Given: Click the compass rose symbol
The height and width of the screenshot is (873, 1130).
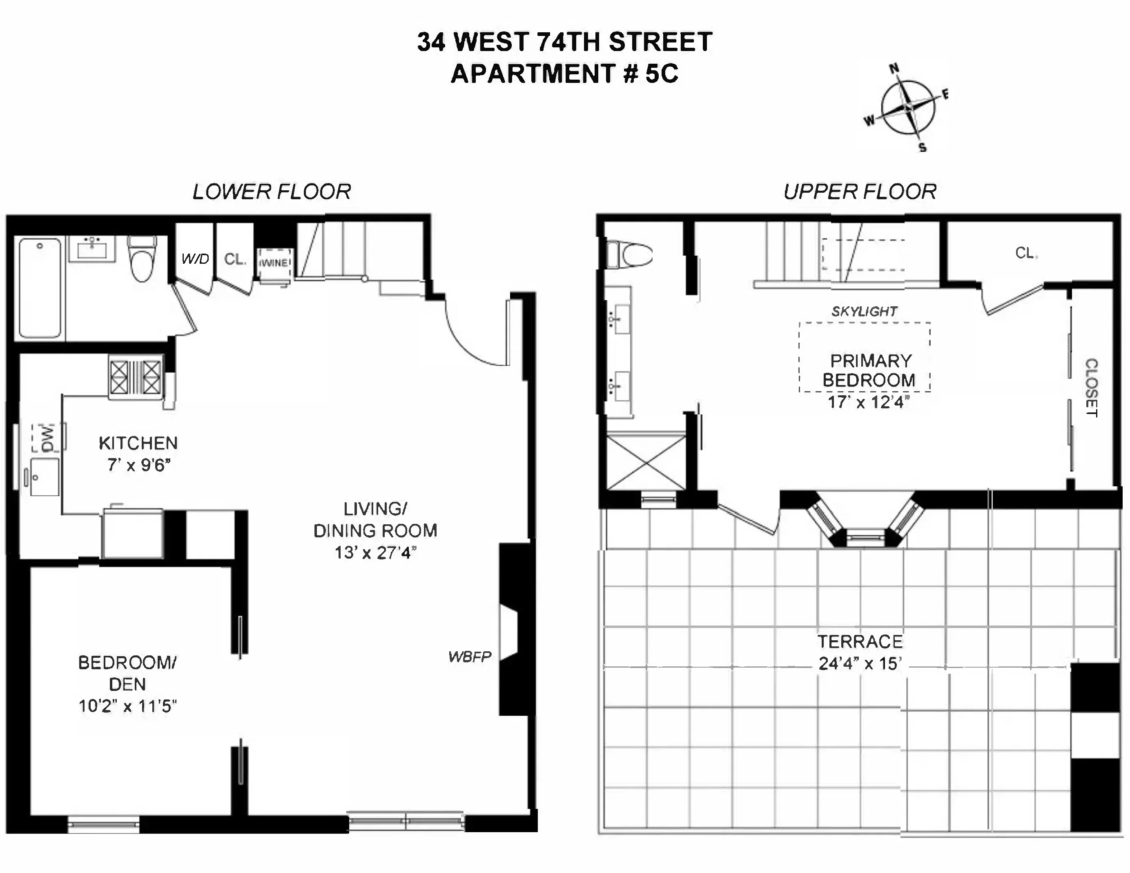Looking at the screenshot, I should (908, 107).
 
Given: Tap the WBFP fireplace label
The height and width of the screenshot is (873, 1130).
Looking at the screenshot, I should (469, 657).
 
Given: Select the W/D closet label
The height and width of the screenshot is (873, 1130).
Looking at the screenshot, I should (195, 258).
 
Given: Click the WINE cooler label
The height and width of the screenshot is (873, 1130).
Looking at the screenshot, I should (274, 263).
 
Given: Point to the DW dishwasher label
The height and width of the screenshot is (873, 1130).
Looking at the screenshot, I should (47, 438).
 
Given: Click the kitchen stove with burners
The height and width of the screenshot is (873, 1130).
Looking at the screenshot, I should (136, 376).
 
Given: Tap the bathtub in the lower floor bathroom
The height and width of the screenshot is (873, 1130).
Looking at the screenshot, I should (40, 289).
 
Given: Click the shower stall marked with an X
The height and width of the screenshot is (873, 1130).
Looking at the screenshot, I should (646, 462).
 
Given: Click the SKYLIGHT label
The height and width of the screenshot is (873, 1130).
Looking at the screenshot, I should (864, 311).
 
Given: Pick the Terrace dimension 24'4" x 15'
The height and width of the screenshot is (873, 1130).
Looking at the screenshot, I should (860, 664).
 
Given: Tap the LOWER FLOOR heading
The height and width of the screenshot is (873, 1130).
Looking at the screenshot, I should (272, 192).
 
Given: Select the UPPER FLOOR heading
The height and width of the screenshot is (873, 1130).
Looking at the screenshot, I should (859, 192).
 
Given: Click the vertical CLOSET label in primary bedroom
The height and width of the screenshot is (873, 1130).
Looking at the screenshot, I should (1091, 388).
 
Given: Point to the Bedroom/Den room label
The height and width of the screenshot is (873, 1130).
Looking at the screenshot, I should (127, 673).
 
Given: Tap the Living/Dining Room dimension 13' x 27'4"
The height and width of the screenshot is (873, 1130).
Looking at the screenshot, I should (375, 552).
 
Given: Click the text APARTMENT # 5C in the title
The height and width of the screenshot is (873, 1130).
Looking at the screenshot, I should (564, 73).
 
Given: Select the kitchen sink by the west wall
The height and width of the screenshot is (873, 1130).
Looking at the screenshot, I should (44, 477).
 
